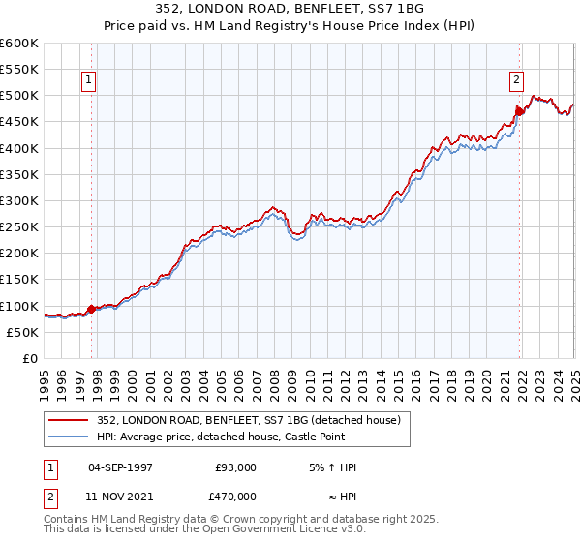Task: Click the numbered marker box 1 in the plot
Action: click(88, 81)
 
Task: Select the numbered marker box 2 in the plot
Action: click(516, 81)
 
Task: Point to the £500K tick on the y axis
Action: click(19, 96)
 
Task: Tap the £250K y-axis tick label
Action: click(19, 226)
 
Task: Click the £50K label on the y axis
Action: click(23, 332)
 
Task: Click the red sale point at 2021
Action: click(519, 111)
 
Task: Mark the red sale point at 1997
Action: click(92, 310)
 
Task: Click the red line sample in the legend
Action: click(69, 419)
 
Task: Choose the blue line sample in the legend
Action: click(69, 437)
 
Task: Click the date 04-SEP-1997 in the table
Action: click(120, 467)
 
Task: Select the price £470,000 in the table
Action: click(235, 496)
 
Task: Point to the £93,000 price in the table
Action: click(235, 467)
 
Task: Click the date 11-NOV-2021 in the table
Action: click(120, 496)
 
